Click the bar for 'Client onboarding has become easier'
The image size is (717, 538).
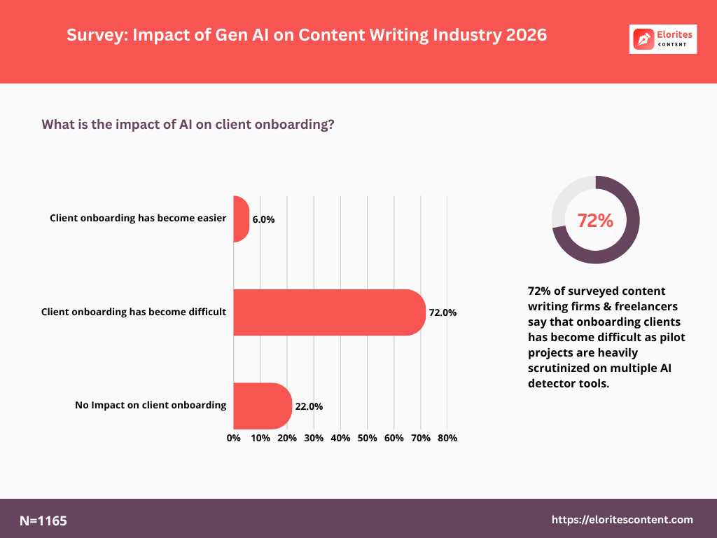click(x=241, y=219)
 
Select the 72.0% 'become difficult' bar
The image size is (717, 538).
click(x=329, y=312)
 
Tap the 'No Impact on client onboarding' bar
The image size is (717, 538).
click(x=263, y=406)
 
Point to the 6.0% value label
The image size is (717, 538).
click(x=263, y=219)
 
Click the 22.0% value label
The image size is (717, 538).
click(x=309, y=406)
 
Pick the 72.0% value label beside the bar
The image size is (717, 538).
click(x=443, y=312)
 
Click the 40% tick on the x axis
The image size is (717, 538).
click(x=340, y=438)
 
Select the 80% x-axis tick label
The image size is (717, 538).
click(x=447, y=438)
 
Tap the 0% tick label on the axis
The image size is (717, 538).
click(x=234, y=438)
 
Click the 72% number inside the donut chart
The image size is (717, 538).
click(x=595, y=220)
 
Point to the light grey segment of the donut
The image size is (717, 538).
click(x=564, y=203)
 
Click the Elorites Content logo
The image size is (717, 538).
click(x=663, y=39)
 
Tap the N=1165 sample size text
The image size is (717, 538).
click(x=43, y=520)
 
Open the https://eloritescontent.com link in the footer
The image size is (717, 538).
click(x=622, y=520)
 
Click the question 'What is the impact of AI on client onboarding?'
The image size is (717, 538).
click(x=188, y=125)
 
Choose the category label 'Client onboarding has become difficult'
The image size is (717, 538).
click(x=134, y=312)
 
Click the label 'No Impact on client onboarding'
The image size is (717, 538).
click(x=151, y=405)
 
